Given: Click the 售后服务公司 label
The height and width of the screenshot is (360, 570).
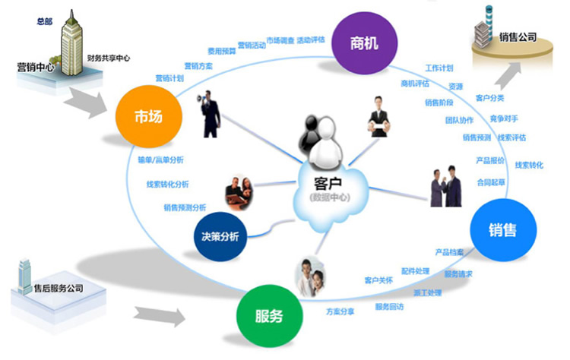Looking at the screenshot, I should point(59,289).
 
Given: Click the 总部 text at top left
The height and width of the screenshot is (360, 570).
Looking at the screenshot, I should point(45,21).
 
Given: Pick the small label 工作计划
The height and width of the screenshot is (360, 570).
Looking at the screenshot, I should point(439,68).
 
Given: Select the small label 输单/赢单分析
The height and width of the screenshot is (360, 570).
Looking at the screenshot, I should point(161,160).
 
